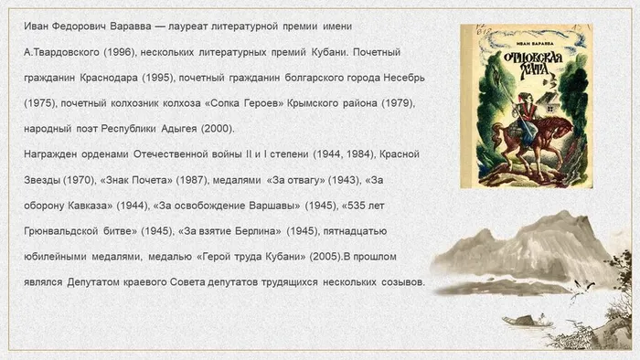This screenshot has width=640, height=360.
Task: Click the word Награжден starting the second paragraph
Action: point(52,154)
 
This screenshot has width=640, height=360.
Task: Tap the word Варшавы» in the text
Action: point(306,206)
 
